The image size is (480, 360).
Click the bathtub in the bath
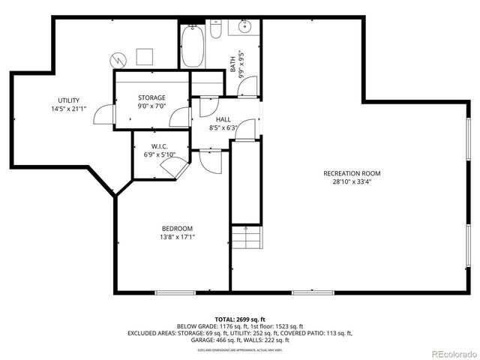(x=188, y=46)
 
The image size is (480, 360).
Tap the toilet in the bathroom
(x=215, y=31)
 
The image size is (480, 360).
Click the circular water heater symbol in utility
(x=117, y=58)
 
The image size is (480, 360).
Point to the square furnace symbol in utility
(x=144, y=57)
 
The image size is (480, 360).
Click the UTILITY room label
(x=69, y=100)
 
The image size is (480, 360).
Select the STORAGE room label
(x=151, y=97)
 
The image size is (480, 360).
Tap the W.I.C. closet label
(x=158, y=146)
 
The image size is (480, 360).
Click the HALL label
(x=223, y=119)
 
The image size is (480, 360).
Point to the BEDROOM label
(x=177, y=229)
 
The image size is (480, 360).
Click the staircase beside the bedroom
(x=247, y=241)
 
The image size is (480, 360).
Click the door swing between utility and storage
(x=107, y=115)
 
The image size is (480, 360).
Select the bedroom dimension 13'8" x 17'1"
(x=177, y=238)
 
